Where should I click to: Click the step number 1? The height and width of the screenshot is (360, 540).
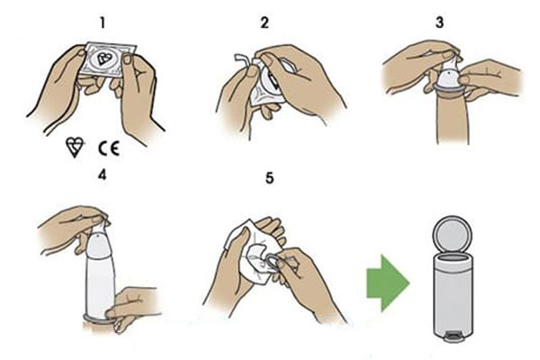tap(103, 23)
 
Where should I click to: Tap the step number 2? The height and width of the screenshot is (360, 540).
tap(265, 23)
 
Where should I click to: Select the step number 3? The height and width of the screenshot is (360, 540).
tap(439, 22)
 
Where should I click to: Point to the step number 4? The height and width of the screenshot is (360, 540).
tap(103, 175)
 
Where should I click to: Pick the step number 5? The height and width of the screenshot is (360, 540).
tap(270, 178)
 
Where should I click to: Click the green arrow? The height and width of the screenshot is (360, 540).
tap(388, 283)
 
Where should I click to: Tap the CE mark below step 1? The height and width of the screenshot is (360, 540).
tap(109, 148)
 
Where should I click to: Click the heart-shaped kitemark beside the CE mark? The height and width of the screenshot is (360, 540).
tap(75, 147)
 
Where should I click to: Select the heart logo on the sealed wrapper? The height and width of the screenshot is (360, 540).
tap(103, 58)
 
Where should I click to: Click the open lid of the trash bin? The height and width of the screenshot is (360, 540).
tap(452, 235)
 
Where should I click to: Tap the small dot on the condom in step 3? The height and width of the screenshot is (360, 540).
tap(448, 72)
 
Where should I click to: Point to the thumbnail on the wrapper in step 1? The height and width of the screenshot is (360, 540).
tap(127, 58)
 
